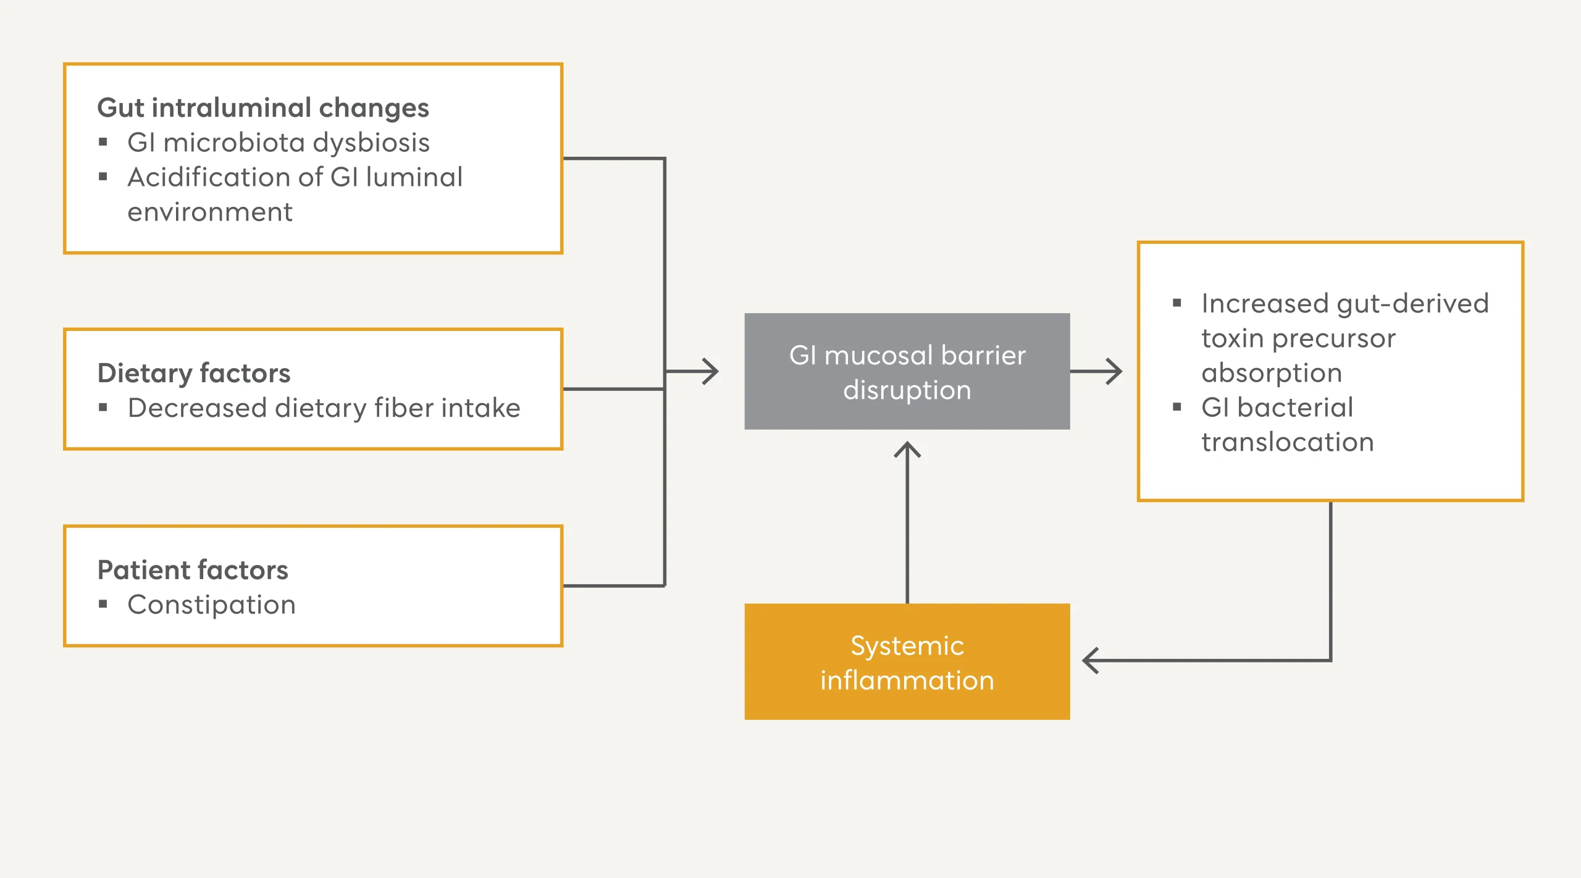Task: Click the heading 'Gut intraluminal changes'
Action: tap(263, 109)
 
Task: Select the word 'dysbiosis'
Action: tap(371, 143)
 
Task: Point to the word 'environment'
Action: tap(210, 212)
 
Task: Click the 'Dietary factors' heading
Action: tap(194, 373)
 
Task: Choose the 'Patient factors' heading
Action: tap(193, 570)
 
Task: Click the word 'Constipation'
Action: tap(212, 605)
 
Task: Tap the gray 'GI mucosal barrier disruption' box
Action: tap(907, 371)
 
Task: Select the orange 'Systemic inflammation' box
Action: tap(907, 661)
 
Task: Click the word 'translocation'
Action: tap(1288, 442)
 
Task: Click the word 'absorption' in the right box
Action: tap(1272, 374)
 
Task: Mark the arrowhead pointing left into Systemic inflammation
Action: tap(1090, 661)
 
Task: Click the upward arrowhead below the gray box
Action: tap(907, 449)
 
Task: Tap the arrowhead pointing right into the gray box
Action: tap(711, 371)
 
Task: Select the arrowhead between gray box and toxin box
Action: tap(1114, 371)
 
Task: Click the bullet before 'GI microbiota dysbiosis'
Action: tap(103, 143)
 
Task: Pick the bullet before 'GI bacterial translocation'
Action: tap(1177, 407)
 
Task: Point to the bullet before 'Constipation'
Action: tap(103, 604)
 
